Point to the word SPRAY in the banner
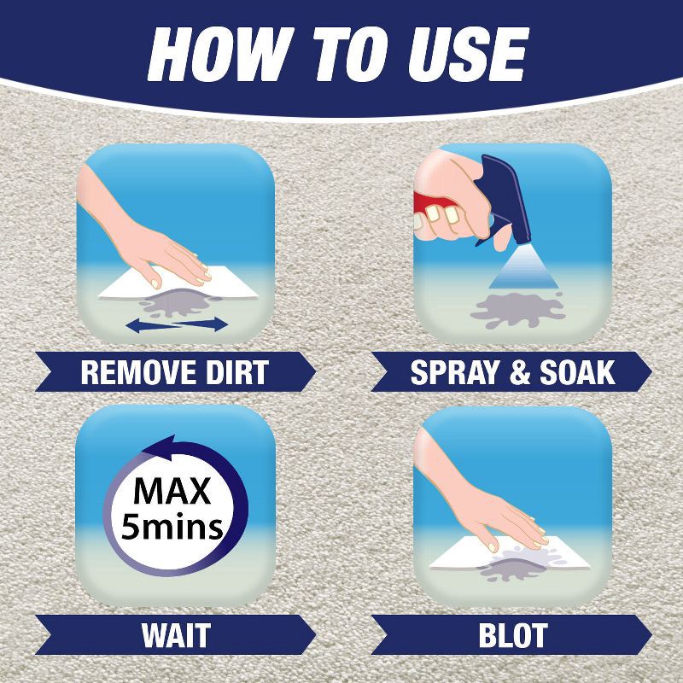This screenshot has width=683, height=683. [x=453, y=372]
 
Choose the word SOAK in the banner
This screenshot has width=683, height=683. [x=575, y=372]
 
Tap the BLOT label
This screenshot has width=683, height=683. [x=512, y=636]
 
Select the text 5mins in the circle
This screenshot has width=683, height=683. [x=173, y=526]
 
